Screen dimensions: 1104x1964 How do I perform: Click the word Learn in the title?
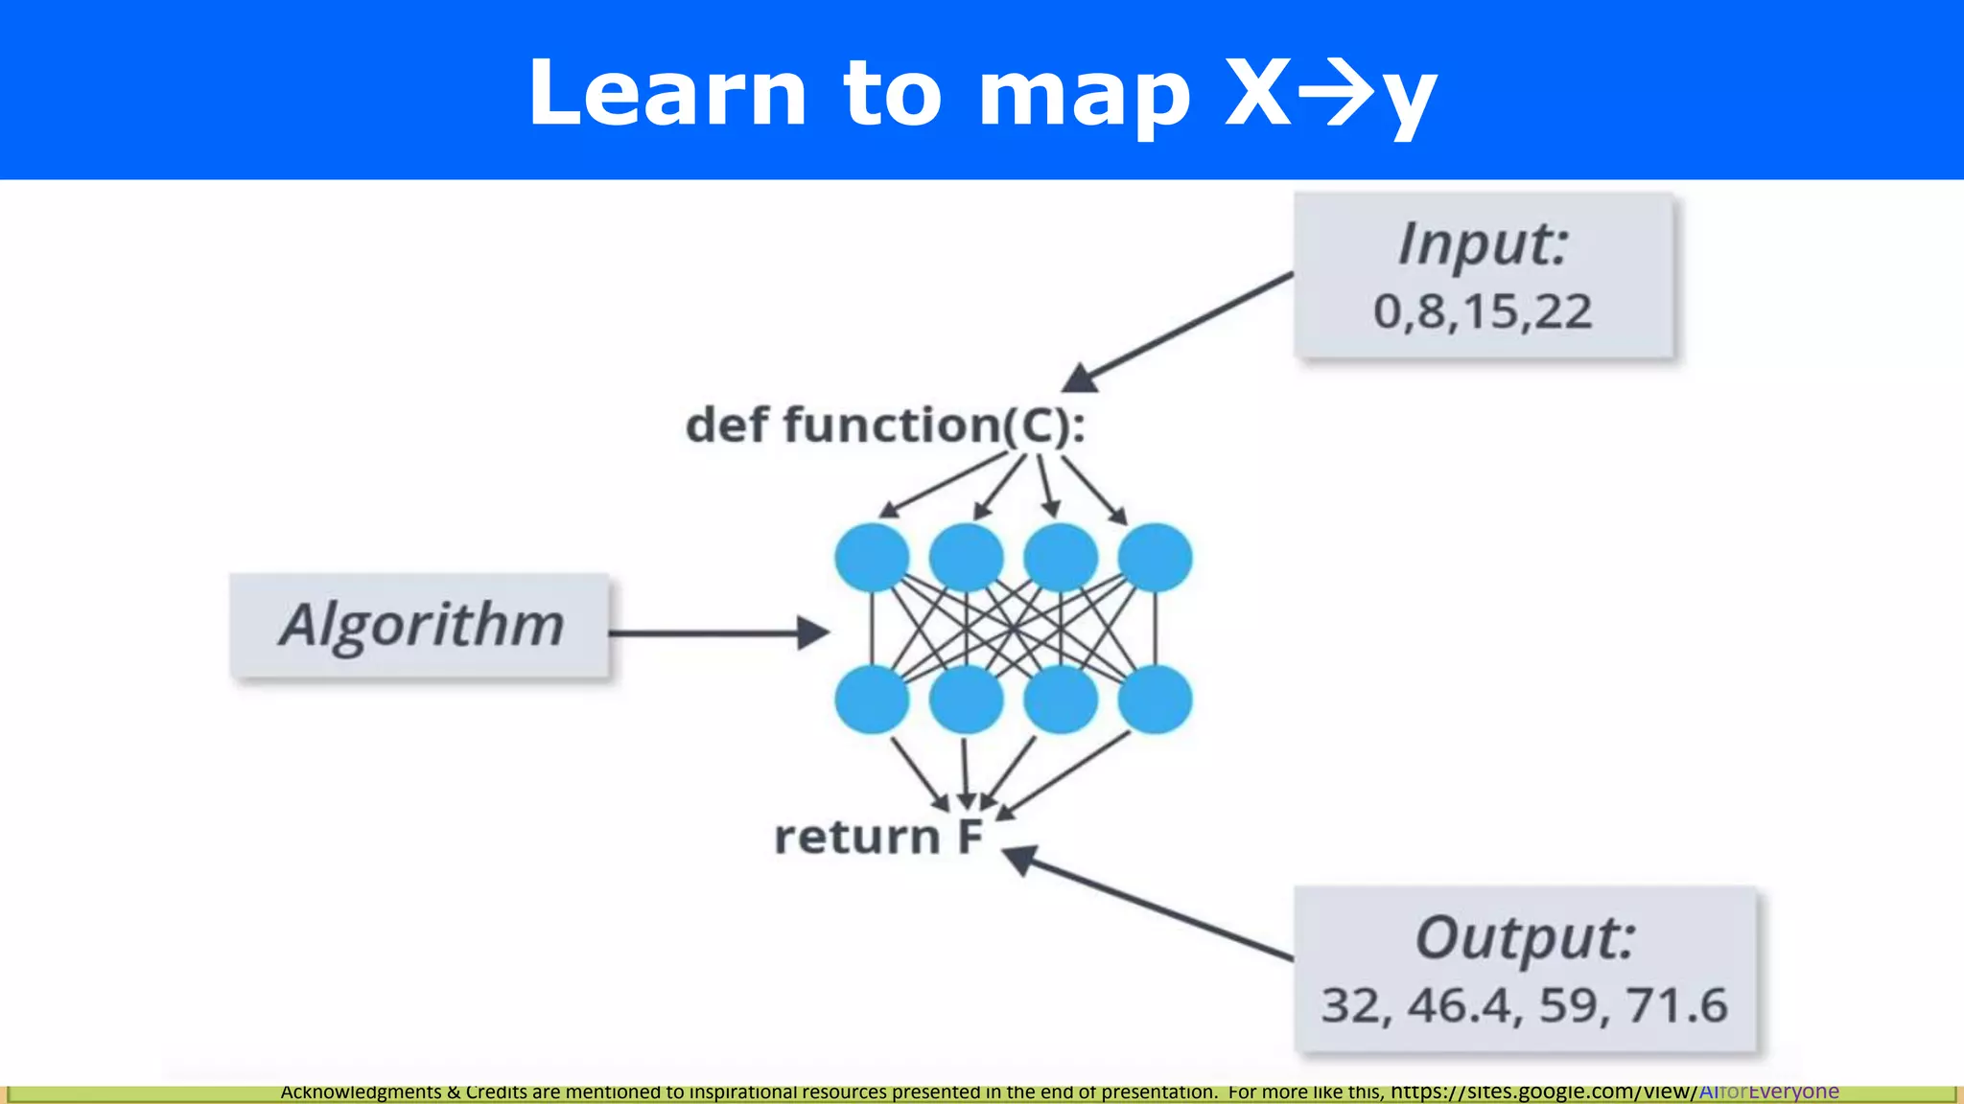(x=667, y=93)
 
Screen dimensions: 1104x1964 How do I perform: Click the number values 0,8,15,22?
(x=1483, y=312)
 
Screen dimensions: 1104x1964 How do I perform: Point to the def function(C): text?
(x=885, y=425)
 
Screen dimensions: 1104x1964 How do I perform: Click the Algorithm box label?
(x=421, y=625)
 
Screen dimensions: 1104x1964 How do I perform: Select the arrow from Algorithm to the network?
(x=719, y=632)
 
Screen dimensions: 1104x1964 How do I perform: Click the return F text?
(x=878, y=837)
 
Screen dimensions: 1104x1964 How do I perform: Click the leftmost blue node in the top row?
(x=872, y=558)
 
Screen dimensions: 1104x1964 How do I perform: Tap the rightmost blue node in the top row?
(x=1156, y=558)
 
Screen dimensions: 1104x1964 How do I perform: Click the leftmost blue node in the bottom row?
(x=872, y=700)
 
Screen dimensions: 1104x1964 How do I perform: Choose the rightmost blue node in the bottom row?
(x=1156, y=700)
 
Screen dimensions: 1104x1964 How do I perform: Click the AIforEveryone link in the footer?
(x=1768, y=1092)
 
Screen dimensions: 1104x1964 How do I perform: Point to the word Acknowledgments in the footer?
(x=361, y=1092)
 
